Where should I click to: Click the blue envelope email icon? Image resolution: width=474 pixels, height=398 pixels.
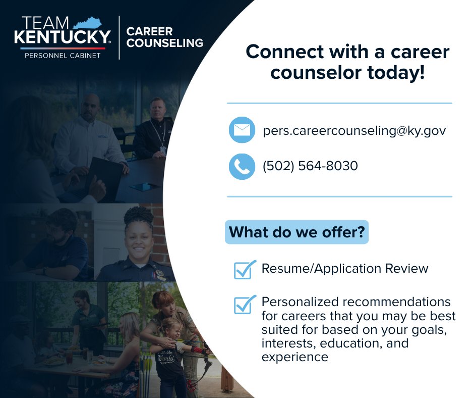(242, 130)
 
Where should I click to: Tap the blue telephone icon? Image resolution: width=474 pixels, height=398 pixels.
(242, 166)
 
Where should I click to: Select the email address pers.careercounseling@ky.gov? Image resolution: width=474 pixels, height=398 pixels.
(354, 130)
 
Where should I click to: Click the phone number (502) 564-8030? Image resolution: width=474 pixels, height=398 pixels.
(310, 166)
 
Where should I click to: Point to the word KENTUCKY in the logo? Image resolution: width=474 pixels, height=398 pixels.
(63, 36)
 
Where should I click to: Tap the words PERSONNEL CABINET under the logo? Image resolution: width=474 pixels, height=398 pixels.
(63, 55)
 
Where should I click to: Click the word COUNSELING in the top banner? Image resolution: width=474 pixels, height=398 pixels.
(165, 43)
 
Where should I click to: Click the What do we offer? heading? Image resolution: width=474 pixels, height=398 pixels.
(297, 232)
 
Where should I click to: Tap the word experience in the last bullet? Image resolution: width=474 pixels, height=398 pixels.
(295, 357)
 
